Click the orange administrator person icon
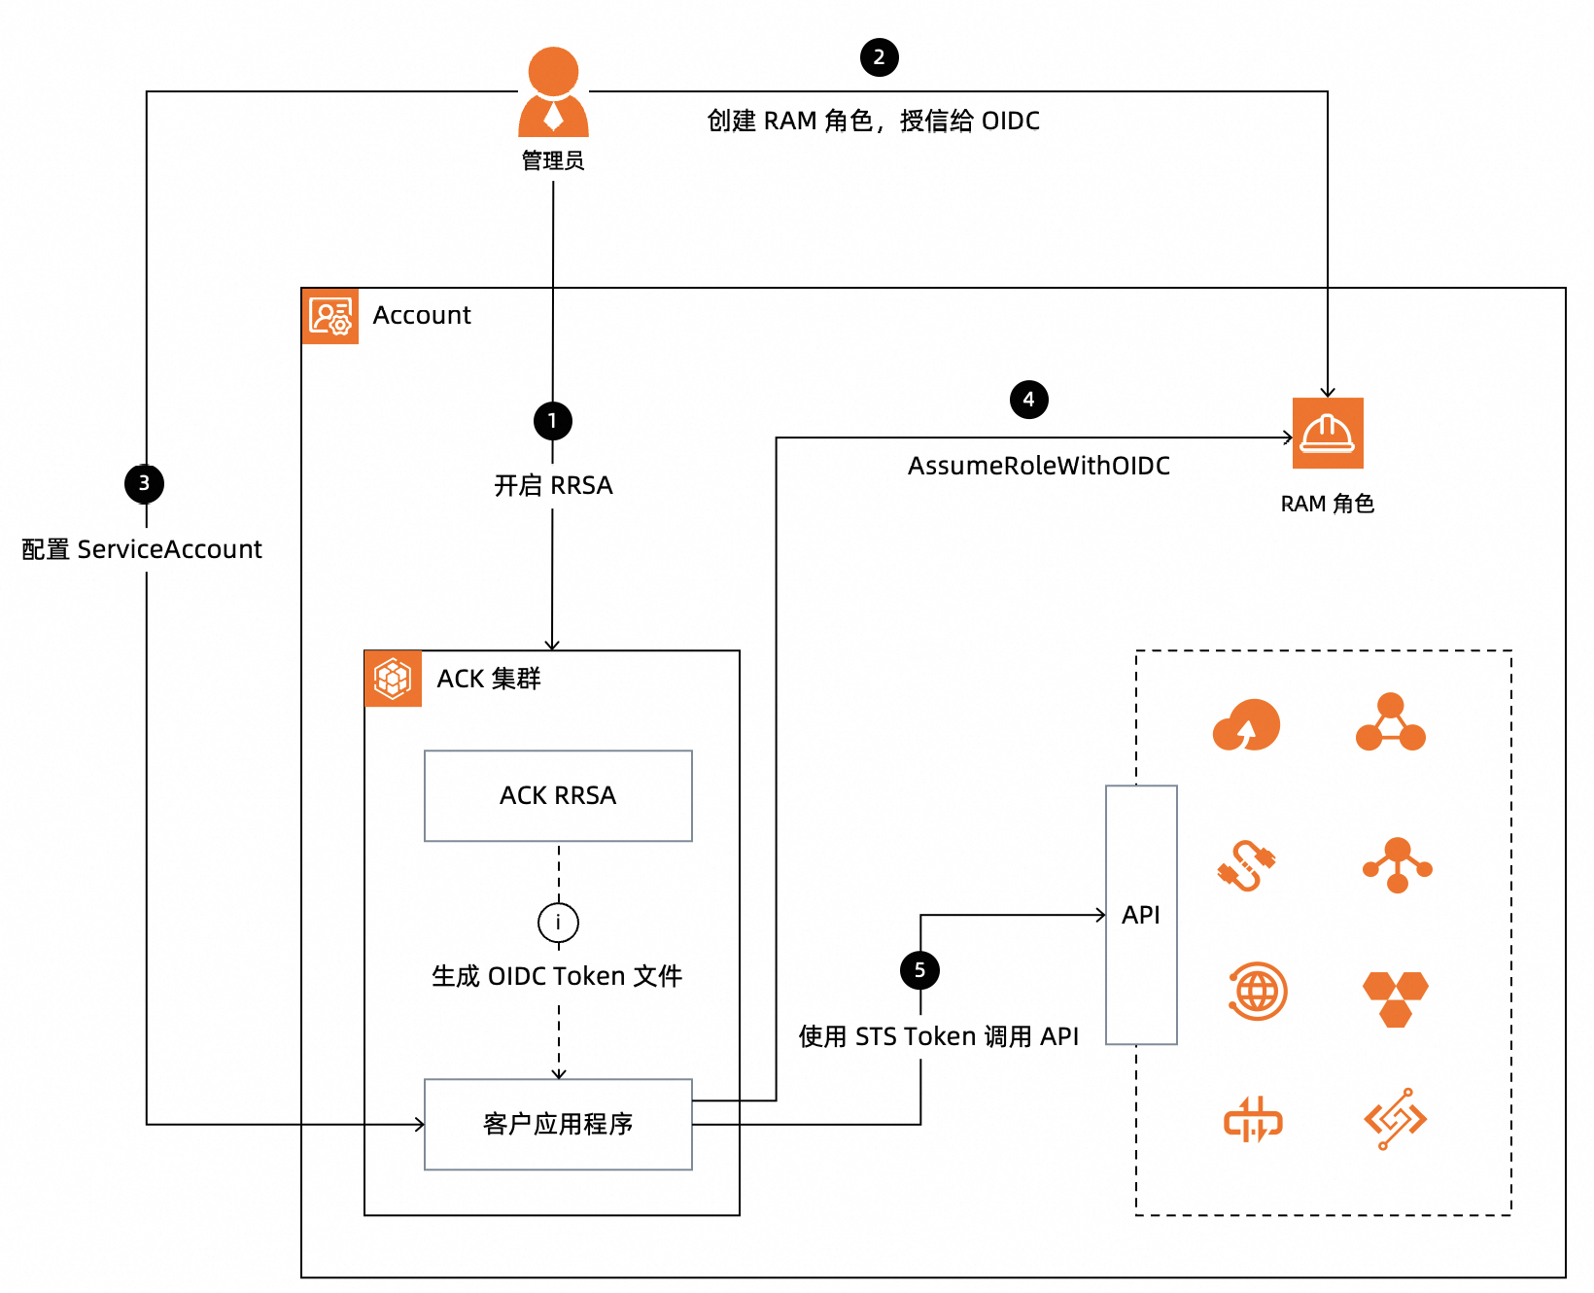[553, 92]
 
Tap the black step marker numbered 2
[879, 57]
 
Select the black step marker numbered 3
[144, 483]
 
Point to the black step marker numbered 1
[552, 421]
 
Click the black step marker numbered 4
[1028, 400]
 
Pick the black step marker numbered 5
[919, 970]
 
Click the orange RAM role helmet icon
[1328, 434]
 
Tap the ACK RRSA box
[558, 795]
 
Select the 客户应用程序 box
[558, 1124]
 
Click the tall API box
[1141, 915]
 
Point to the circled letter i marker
[558, 923]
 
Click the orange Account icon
[330, 316]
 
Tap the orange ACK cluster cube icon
[393, 679]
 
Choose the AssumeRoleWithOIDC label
[1038, 466]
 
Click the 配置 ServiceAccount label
[142, 549]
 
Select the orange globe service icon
[1258, 992]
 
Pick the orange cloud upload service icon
[1246, 725]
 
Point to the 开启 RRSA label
[553, 485]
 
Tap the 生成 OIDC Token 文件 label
[557, 976]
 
